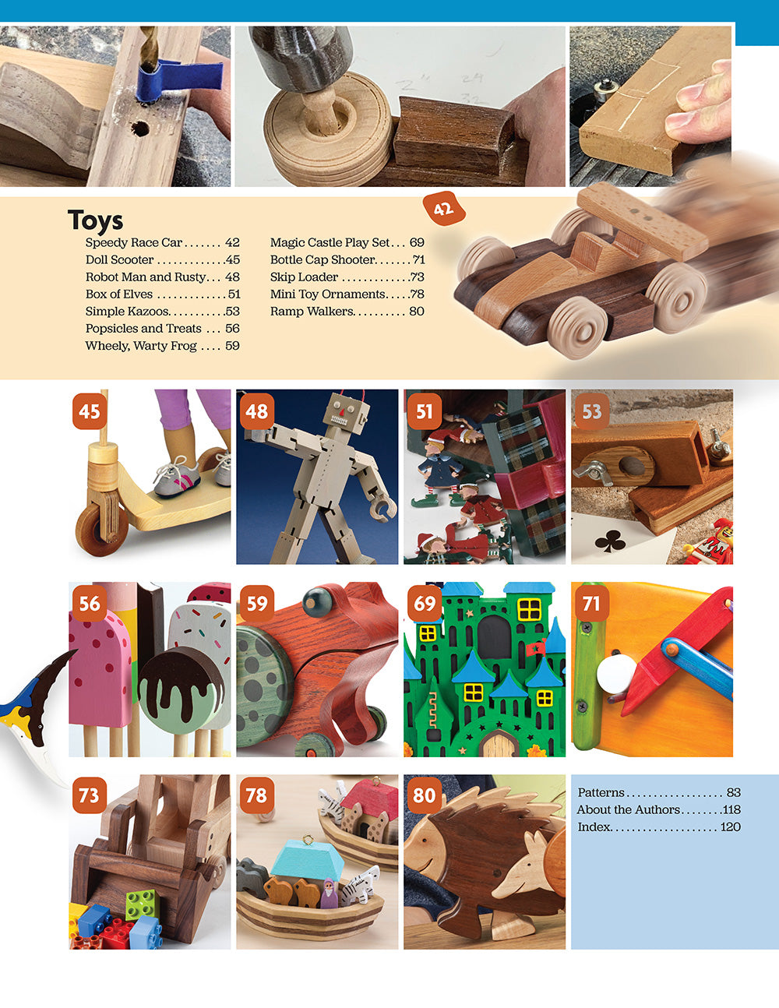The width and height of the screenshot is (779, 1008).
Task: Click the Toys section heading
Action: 95,220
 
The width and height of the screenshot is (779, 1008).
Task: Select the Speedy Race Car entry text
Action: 134,243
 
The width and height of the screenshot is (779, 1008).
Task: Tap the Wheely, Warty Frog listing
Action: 141,346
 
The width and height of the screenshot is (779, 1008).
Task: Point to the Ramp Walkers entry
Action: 312,312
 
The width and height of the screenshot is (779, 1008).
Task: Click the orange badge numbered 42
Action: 443,209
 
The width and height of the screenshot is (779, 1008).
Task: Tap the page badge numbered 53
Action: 591,411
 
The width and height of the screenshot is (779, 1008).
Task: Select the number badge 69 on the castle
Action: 425,604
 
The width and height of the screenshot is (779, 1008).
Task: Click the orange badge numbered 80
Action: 424,795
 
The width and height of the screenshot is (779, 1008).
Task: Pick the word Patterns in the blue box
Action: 601,793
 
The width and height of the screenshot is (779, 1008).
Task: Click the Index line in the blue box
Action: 594,827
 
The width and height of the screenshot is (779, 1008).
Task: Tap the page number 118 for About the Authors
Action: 731,810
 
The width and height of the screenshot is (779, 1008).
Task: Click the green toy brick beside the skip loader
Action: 143,906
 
